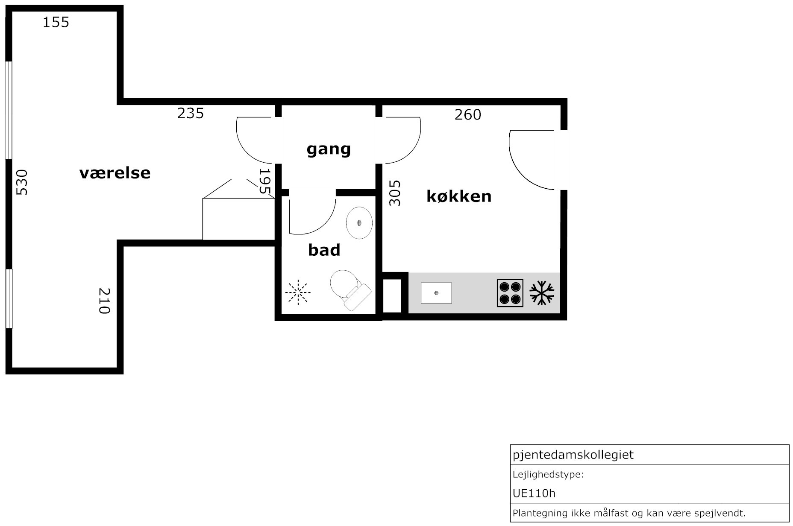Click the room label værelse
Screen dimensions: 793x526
coord(115,173)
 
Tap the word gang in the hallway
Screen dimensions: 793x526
coord(329,149)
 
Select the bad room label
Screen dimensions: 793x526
coord(324,250)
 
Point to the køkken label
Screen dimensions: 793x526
coord(459,196)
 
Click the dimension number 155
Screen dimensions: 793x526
coord(56,22)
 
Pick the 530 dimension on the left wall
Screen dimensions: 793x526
coord(21,182)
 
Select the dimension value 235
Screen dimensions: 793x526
coord(191,113)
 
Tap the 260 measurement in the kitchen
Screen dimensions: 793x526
coord(468,114)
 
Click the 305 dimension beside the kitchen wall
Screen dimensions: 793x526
coord(395,193)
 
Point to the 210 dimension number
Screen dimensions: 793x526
coord(105,301)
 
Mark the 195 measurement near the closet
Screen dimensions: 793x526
coord(265,181)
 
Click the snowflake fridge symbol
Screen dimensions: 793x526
coord(542,293)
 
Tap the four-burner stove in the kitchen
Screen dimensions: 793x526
coord(510,293)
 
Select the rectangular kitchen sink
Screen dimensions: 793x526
coord(436,293)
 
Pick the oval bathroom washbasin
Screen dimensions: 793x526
coord(359,223)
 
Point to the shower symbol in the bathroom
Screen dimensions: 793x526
coord(298,292)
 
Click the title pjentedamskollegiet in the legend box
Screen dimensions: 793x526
coord(573,455)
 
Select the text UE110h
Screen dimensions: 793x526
coord(534,494)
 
